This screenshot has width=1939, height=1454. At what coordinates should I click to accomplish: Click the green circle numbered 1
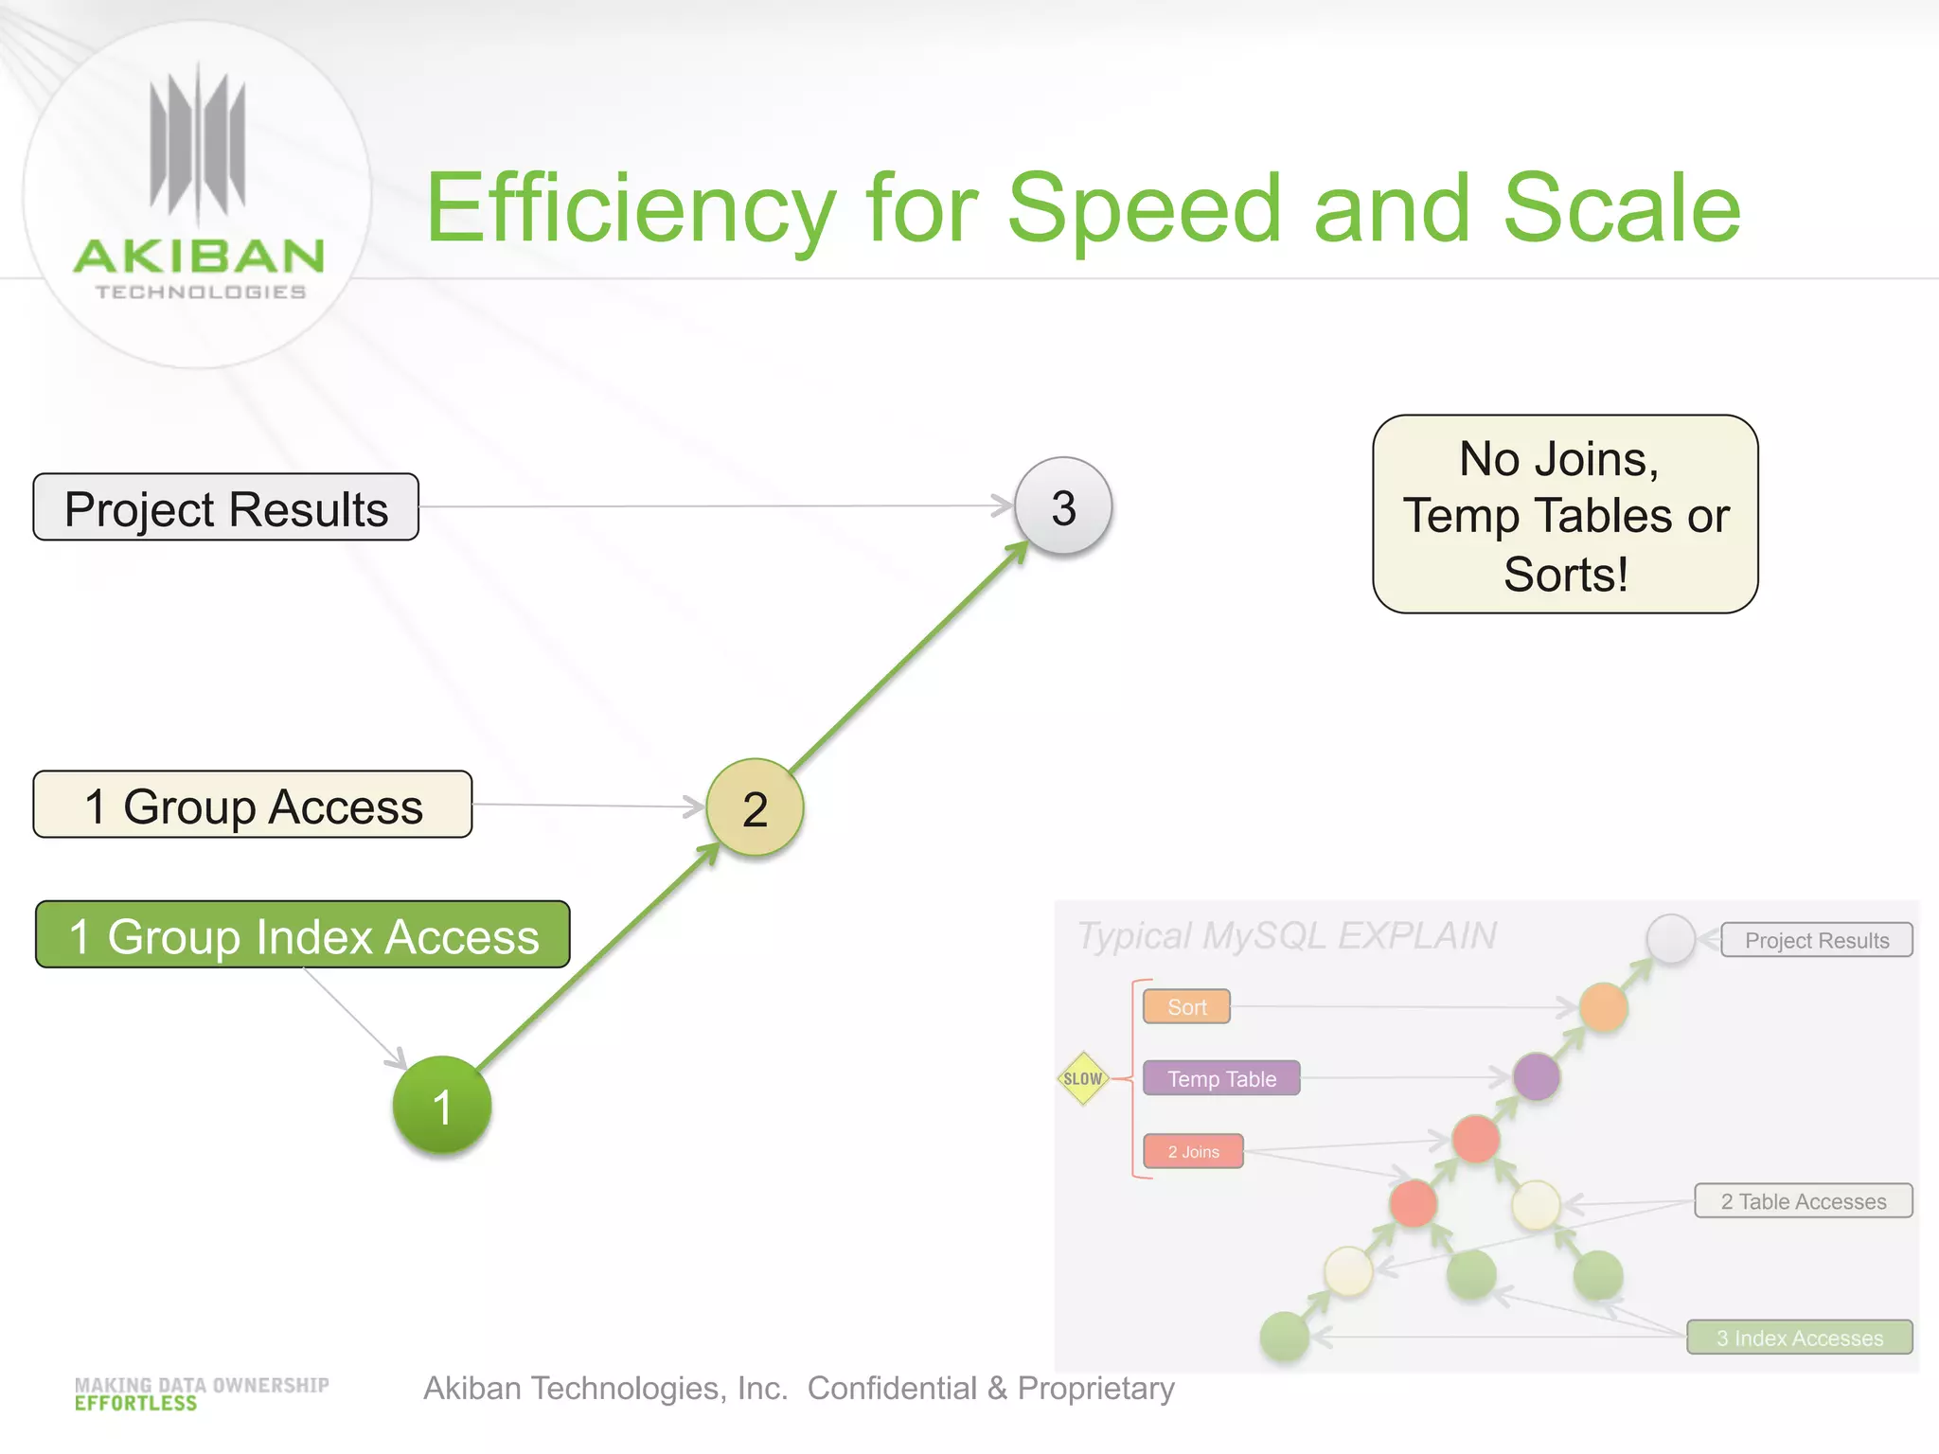[442, 1105]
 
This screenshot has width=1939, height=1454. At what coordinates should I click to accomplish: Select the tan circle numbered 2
[755, 807]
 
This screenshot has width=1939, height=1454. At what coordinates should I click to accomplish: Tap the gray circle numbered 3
[1063, 506]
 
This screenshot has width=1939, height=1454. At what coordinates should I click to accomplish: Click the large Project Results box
[226, 508]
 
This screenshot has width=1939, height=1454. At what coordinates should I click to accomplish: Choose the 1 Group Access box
[253, 806]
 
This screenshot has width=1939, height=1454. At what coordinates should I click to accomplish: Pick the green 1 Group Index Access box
[303, 935]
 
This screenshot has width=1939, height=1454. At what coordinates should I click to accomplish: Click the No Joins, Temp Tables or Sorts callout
[1565, 515]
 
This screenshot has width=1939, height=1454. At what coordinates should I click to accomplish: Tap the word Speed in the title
[1145, 208]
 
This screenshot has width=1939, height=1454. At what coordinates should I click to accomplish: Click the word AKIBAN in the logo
[199, 257]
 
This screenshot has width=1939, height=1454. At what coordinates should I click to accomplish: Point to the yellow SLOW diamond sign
[1083, 1078]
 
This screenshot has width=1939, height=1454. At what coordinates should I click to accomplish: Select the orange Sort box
[1186, 1007]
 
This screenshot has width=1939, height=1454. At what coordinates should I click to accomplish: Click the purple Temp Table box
[1221, 1078]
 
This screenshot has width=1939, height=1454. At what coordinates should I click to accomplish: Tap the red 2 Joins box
[1193, 1151]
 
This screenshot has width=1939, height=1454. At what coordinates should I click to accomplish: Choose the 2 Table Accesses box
[1803, 1201]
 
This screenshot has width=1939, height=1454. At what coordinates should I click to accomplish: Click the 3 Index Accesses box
[1799, 1338]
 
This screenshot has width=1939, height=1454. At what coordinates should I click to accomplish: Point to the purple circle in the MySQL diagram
[1536, 1076]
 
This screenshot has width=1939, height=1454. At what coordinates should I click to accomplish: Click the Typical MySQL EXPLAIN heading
[1287, 936]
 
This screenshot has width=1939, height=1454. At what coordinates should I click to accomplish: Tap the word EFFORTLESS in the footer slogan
[136, 1404]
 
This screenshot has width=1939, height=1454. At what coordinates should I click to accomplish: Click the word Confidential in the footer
[892, 1388]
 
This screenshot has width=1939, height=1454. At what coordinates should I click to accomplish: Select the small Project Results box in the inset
[1816, 940]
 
